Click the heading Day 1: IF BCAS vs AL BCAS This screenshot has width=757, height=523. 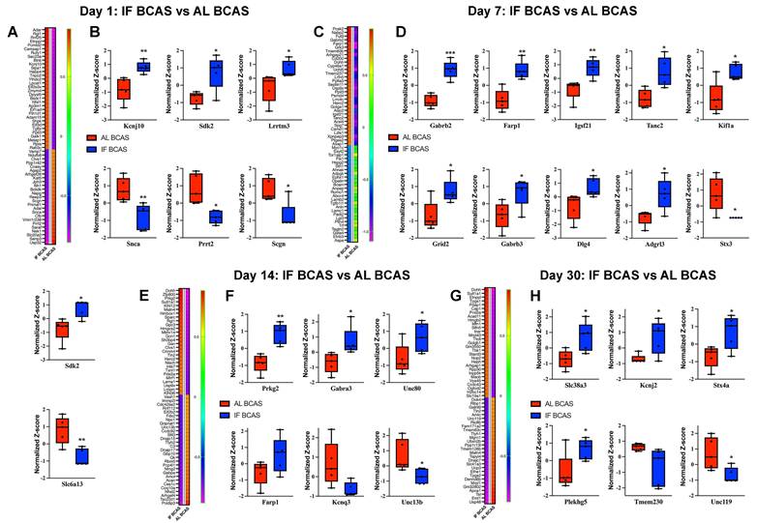(160, 11)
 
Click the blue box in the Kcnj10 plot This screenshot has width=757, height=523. (142, 66)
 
